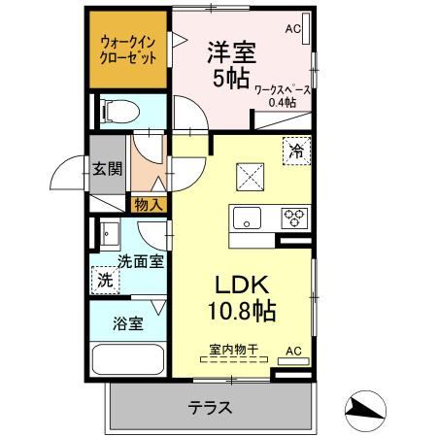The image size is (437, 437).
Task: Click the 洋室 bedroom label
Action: (x=232, y=52)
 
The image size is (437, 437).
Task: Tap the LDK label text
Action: (x=242, y=285)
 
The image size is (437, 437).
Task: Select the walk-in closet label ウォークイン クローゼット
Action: (x=128, y=50)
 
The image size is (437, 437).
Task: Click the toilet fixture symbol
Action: (x=120, y=112)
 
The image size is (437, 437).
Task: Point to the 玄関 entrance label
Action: (x=107, y=169)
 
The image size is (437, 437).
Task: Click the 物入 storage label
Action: (x=149, y=205)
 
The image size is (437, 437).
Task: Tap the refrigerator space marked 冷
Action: (x=296, y=151)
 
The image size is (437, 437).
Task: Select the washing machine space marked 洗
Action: (x=106, y=280)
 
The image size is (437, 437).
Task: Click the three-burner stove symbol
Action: (x=294, y=218)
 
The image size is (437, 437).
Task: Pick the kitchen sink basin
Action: (x=247, y=218)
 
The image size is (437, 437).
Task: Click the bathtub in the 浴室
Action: (x=128, y=359)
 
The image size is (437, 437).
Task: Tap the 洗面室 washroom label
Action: (x=141, y=261)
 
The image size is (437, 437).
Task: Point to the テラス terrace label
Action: (x=211, y=407)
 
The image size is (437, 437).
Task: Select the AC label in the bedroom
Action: (x=293, y=29)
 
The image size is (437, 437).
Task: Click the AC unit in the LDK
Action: (x=293, y=361)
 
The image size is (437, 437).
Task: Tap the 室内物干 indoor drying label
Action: (x=234, y=350)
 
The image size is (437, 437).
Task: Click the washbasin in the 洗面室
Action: (x=110, y=234)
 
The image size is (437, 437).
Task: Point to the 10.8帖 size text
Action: (x=242, y=311)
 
